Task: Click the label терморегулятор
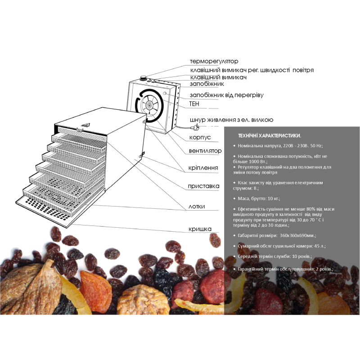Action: point(214,61)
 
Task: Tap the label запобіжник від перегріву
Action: point(227,95)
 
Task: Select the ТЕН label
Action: point(194,104)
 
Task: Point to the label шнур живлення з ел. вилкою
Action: point(231,120)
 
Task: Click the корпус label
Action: point(200,138)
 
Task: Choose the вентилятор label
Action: point(205,151)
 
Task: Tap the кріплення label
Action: point(203,168)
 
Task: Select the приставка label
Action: point(204,186)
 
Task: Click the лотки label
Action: point(197,207)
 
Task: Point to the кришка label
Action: point(200,229)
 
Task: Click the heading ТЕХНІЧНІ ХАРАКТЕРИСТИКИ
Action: point(269,136)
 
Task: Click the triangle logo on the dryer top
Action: point(85,126)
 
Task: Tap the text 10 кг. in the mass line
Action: point(274,198)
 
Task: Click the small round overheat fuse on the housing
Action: point(165,93)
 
